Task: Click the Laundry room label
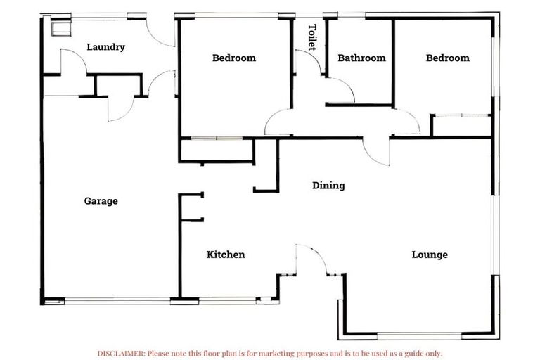(105, 47)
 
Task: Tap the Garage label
(101, 201)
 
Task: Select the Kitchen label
(226, 255)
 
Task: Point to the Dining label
(328, 186)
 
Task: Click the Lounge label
(429, 255)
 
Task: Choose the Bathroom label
(361, 58)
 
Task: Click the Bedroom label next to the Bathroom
(447, 58)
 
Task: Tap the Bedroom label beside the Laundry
(234, 58)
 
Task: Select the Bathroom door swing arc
(340, 90)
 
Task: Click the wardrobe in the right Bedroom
(461, 125)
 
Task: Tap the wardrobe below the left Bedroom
(216, 150)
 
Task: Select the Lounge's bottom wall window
(419, 334)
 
